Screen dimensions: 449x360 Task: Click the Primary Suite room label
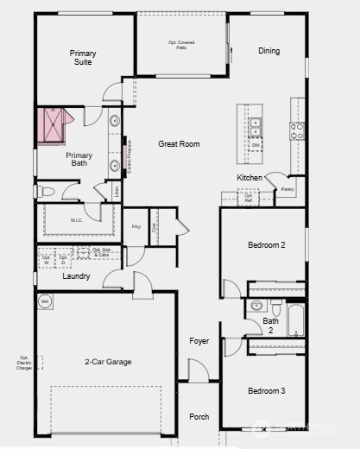click(83, 58)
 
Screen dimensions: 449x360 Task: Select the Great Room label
click(179, 144)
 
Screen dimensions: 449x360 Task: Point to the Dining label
click(268, 51)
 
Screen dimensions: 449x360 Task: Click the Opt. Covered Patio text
click(181, 45)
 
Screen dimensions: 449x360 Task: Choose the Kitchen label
click(249, 178)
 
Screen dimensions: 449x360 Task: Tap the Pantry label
click(287, 188)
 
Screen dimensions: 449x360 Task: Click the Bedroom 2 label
click(266, 246)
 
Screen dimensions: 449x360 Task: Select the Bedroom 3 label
click(266, 391)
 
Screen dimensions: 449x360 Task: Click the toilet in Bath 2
click(276, 308)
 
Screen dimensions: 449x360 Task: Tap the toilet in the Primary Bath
click(47, 191)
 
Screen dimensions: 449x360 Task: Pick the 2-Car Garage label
click(108, 362)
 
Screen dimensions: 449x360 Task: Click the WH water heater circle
click(45, 301)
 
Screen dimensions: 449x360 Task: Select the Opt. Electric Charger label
click(24, 363)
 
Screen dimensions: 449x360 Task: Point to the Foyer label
click(199, 341)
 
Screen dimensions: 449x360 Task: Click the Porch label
click(199, 417)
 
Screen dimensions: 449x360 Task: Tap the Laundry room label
click(77, 276)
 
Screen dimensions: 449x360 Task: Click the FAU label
click(136, 227)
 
